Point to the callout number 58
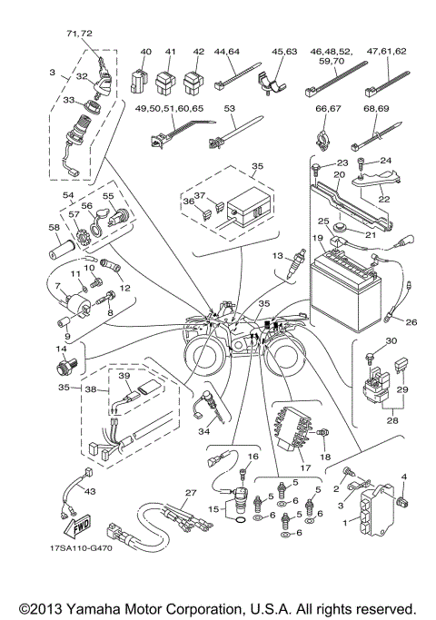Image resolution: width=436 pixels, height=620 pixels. [x=54, y=227]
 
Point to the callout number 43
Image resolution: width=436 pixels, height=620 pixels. [x=88, y=491]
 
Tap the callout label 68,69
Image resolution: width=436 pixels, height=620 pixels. [x=373, y=113]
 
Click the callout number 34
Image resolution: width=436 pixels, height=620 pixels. [x=204, y=433]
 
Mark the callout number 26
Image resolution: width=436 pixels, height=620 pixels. [x=410, y=322]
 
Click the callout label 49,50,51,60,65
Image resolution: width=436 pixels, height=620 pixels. [x=170, y=108]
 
